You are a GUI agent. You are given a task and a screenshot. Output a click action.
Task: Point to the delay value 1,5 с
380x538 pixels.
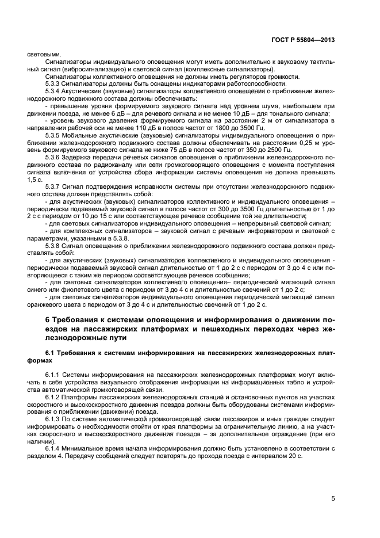[x=34, y=180]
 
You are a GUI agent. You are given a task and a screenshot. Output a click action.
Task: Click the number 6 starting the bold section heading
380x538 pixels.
[x=48, y=320]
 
